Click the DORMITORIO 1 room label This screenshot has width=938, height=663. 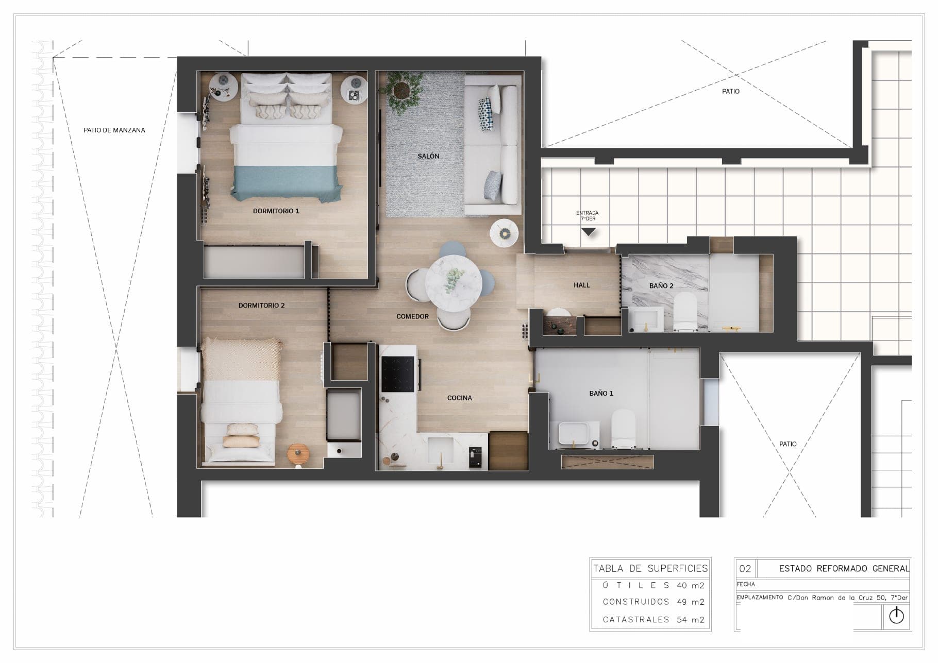(276, 211)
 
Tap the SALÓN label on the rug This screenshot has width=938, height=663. (428, 156)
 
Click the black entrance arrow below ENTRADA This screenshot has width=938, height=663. (588, 232)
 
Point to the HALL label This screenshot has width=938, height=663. (581, 285)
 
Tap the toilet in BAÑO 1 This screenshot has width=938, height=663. (623, 429)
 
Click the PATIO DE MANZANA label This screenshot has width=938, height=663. (114, 130)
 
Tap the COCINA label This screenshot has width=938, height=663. (459, 398)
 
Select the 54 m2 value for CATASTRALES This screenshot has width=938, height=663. (691, 620)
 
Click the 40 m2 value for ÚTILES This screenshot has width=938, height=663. (691, 585)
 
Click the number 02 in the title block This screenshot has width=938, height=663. (745, 569)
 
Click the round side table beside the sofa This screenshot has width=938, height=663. (504, 233)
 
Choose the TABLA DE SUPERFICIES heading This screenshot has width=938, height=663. (650, 569)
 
